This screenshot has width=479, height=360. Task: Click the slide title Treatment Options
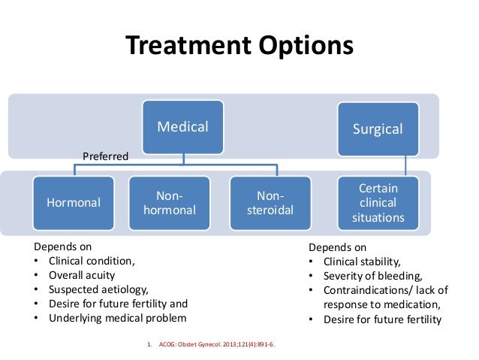(x=239, y=47)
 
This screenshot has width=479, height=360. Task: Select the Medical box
(x=182, y=127)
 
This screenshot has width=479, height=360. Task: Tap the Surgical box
(x=378, y=129)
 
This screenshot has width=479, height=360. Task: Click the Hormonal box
(x=74, y=202)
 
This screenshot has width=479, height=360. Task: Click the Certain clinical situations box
(x=378, y=202)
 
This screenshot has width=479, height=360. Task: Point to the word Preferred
(x=105, y=156)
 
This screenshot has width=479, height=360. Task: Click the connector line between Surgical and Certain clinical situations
(x=407, y=165)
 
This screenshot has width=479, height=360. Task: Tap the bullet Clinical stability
(x=363, y=262)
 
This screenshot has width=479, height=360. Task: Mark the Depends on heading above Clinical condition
(x=64, y=247)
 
